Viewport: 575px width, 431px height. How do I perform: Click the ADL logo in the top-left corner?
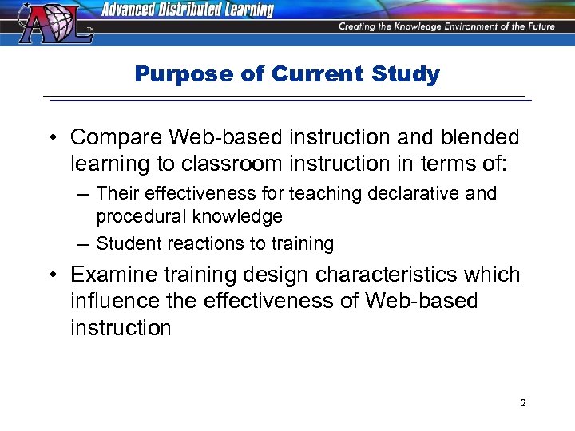click(51, 24)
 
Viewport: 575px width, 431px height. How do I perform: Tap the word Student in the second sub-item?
click(125, 243)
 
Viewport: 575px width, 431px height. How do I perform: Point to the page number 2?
click(523, 403)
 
